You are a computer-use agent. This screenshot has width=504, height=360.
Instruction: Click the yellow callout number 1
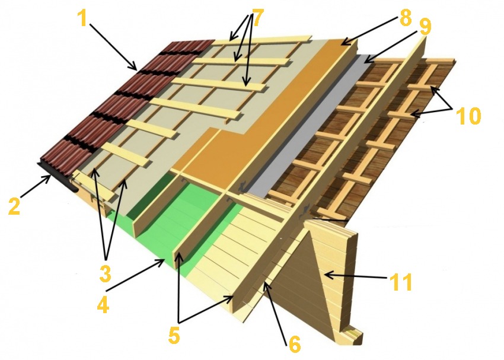(83, 18)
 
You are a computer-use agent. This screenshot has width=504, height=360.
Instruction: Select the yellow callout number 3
(105, 273)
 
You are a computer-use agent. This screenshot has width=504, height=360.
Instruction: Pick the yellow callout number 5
(174, 335)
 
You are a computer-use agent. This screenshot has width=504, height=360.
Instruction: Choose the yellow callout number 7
(258, 18)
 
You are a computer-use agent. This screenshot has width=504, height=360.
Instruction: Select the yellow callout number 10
(468, 116)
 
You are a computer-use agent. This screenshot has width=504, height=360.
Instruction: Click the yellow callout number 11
(400, 282)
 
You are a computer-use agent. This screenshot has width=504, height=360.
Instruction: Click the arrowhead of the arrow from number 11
(327, 275)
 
